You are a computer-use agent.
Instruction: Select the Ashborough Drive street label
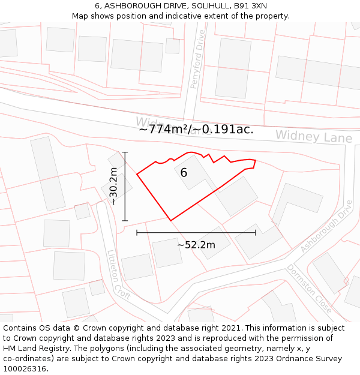click(x=327, y=226)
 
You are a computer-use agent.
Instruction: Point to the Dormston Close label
click(x=309, y=289)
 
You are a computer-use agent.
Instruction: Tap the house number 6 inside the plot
click(x=184, y=173)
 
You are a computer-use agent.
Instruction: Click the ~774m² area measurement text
click(x=164, y=129)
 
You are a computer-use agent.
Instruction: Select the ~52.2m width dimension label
click(x=196, y=244)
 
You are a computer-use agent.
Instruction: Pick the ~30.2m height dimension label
click(x=113, y=187)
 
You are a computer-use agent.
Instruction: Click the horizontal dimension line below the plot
click(x=196, y=232)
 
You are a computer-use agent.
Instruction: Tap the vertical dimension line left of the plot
click(x=125, y=187)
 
